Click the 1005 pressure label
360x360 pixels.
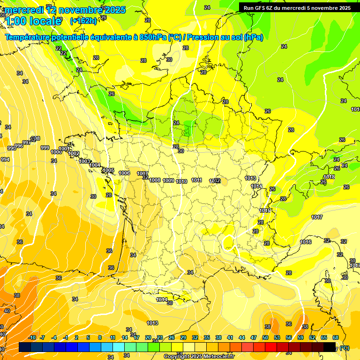109,170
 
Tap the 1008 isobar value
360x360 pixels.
155,180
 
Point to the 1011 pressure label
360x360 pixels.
197,180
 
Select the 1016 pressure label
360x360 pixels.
306,242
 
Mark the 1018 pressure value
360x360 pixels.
329,177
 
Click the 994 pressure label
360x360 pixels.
5,159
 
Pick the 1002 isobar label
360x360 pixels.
74,153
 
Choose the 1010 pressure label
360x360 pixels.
182,181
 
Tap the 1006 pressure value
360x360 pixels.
125,173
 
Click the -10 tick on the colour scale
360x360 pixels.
32,337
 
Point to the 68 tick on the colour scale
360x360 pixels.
336,337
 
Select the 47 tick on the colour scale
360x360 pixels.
254,337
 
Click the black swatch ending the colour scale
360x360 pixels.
330,347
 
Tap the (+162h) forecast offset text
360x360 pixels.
83,21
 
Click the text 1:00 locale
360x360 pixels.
33,21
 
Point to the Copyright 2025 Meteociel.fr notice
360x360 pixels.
199,356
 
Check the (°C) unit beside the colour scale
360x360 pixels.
345,348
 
